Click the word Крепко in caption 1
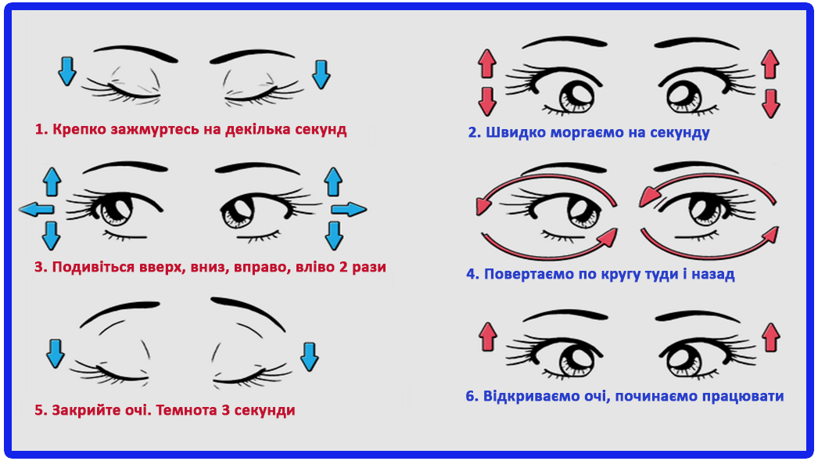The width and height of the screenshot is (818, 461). click(x=77, y=130)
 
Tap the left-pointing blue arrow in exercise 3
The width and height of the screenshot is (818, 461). click(x=37, y=208)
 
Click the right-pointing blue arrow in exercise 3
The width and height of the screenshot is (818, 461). click(x=348, y=208)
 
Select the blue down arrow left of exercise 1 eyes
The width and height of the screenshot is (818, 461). click(x=67, y=71)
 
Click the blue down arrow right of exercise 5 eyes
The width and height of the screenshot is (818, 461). click(x=310, y=355)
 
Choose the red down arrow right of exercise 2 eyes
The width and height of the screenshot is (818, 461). click(x=770, y=102)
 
